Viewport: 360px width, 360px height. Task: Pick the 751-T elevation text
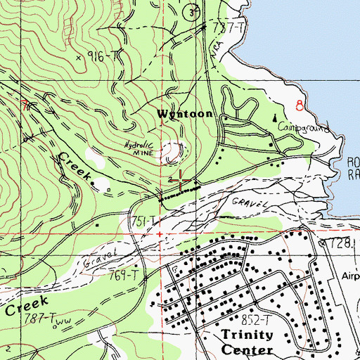pyautogui.click(x=141, y=220)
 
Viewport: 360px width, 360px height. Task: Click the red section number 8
pyautogui.click(x=300, y=106)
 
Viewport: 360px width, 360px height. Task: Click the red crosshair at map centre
pyautogui.click(x=180, y=181)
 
